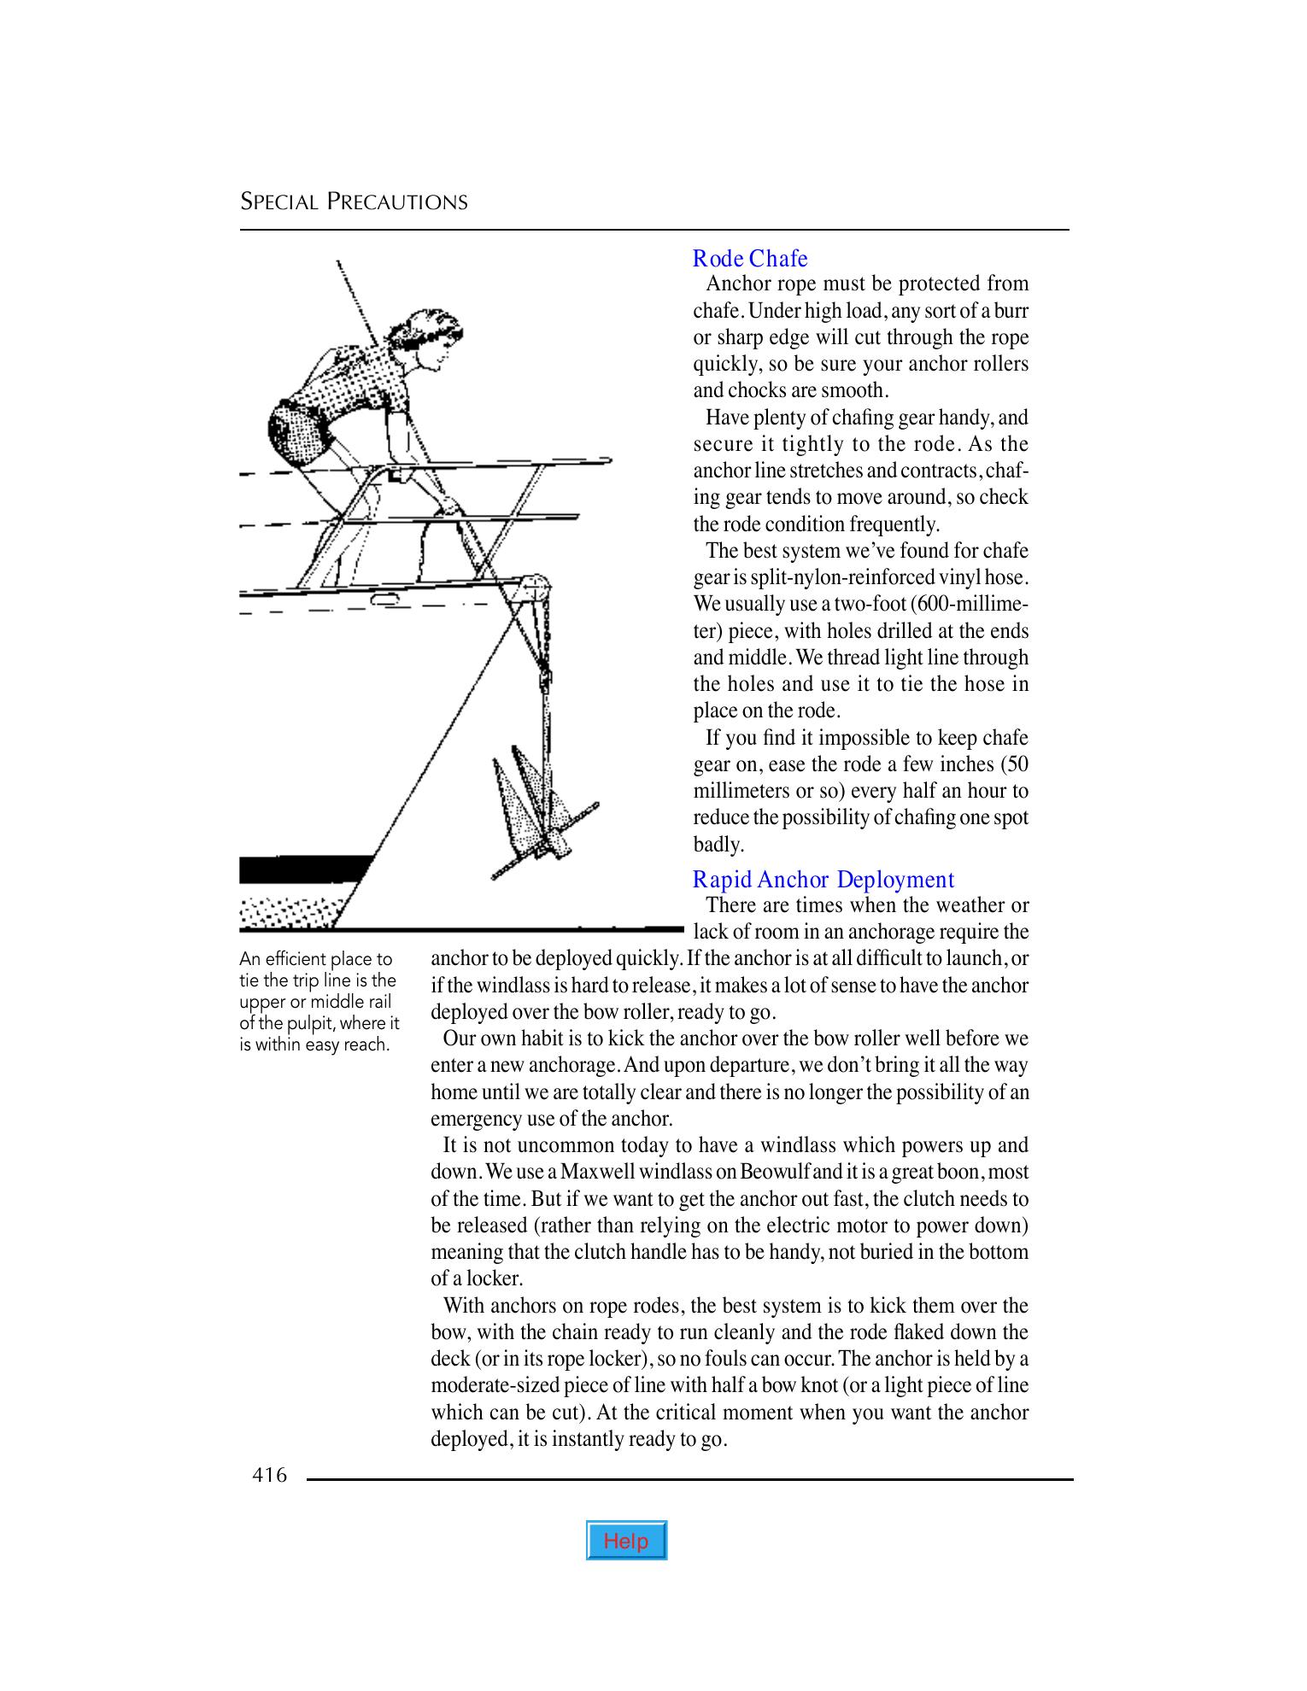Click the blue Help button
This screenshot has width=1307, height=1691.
pyautogui.click(x=626, y=1541)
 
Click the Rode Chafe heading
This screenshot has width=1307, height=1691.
pyautogui.click(x=750, y=258)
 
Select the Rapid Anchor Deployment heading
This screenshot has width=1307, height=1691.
pyautogui.click(x=823, y=879)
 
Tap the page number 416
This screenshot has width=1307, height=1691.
pyautogui.click(x=270, y=1475)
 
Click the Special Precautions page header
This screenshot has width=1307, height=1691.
pyautogui.click(x=354, y=202)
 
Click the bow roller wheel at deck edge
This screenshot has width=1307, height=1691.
pyautogui.click(x=536, y=588)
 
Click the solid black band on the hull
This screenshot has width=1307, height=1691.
pyautogui.click(x=303, y=869)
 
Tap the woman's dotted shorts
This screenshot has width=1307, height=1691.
pyautogui.click(x=295, y=436)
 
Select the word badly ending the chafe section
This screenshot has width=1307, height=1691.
pyautogui.click(x=716, y=844)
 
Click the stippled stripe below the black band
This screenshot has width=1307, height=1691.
pyautogui.click(x=290, y=911)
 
